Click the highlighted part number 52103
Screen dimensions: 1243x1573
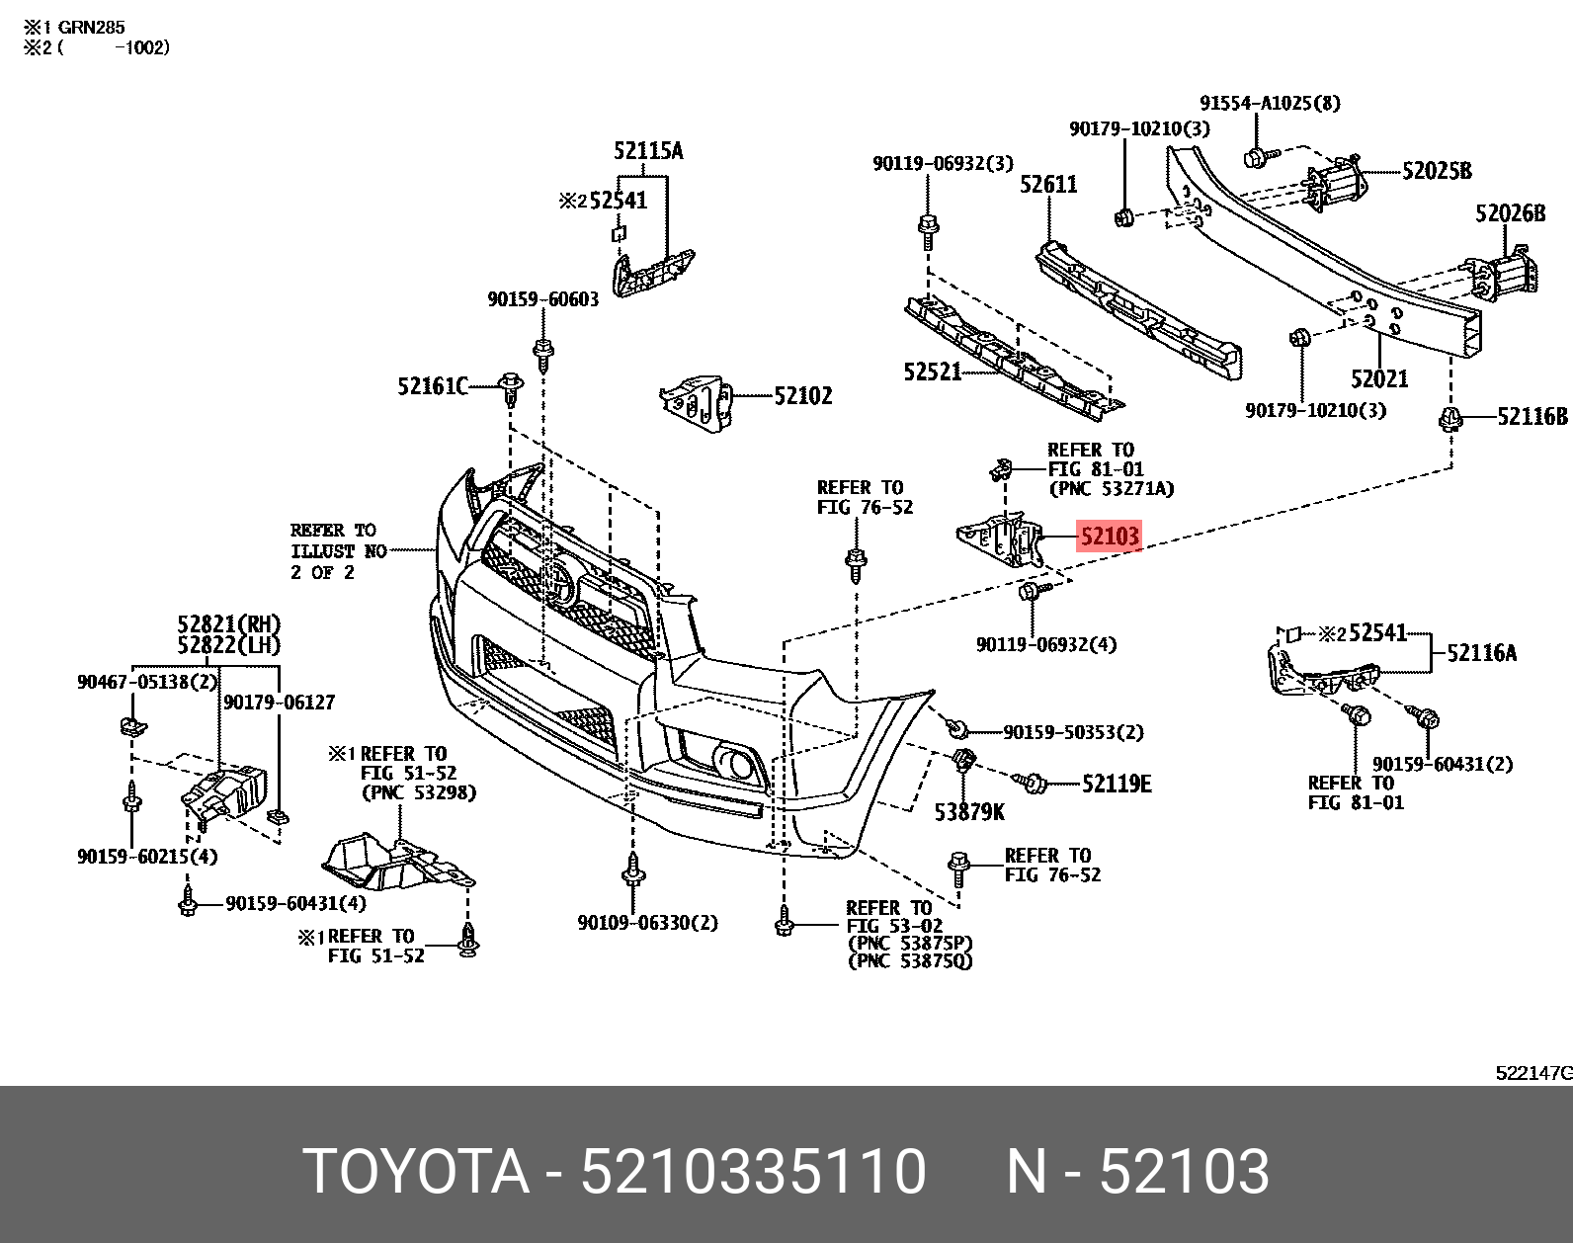click(x=1109, y=537)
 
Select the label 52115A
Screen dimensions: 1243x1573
click(x=647, y=151)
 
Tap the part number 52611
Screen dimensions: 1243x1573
click(x=1048, y=185)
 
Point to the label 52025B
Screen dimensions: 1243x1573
click(x=1437, y=171)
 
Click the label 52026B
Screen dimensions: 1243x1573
click(x=1510, y=213)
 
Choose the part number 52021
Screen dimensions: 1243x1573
click(x=1379, y=378)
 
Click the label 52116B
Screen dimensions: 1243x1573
click(x=1532, y=417)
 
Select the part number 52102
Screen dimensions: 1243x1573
click(x=802, y=396)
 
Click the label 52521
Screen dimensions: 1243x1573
click(x=932, y=372)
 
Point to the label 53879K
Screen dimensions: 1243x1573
click(x=969, y=812)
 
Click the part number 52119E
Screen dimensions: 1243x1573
click(x=1117, y=784)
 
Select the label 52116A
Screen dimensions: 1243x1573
click(x=1481, y=652)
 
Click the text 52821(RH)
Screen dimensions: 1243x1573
click(x=228, y=624)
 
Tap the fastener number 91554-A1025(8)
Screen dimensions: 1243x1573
click(x=1270, y=103)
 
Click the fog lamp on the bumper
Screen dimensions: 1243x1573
click(x=736, y=762)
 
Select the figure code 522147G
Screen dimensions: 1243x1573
click(x=1532, y=1073)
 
